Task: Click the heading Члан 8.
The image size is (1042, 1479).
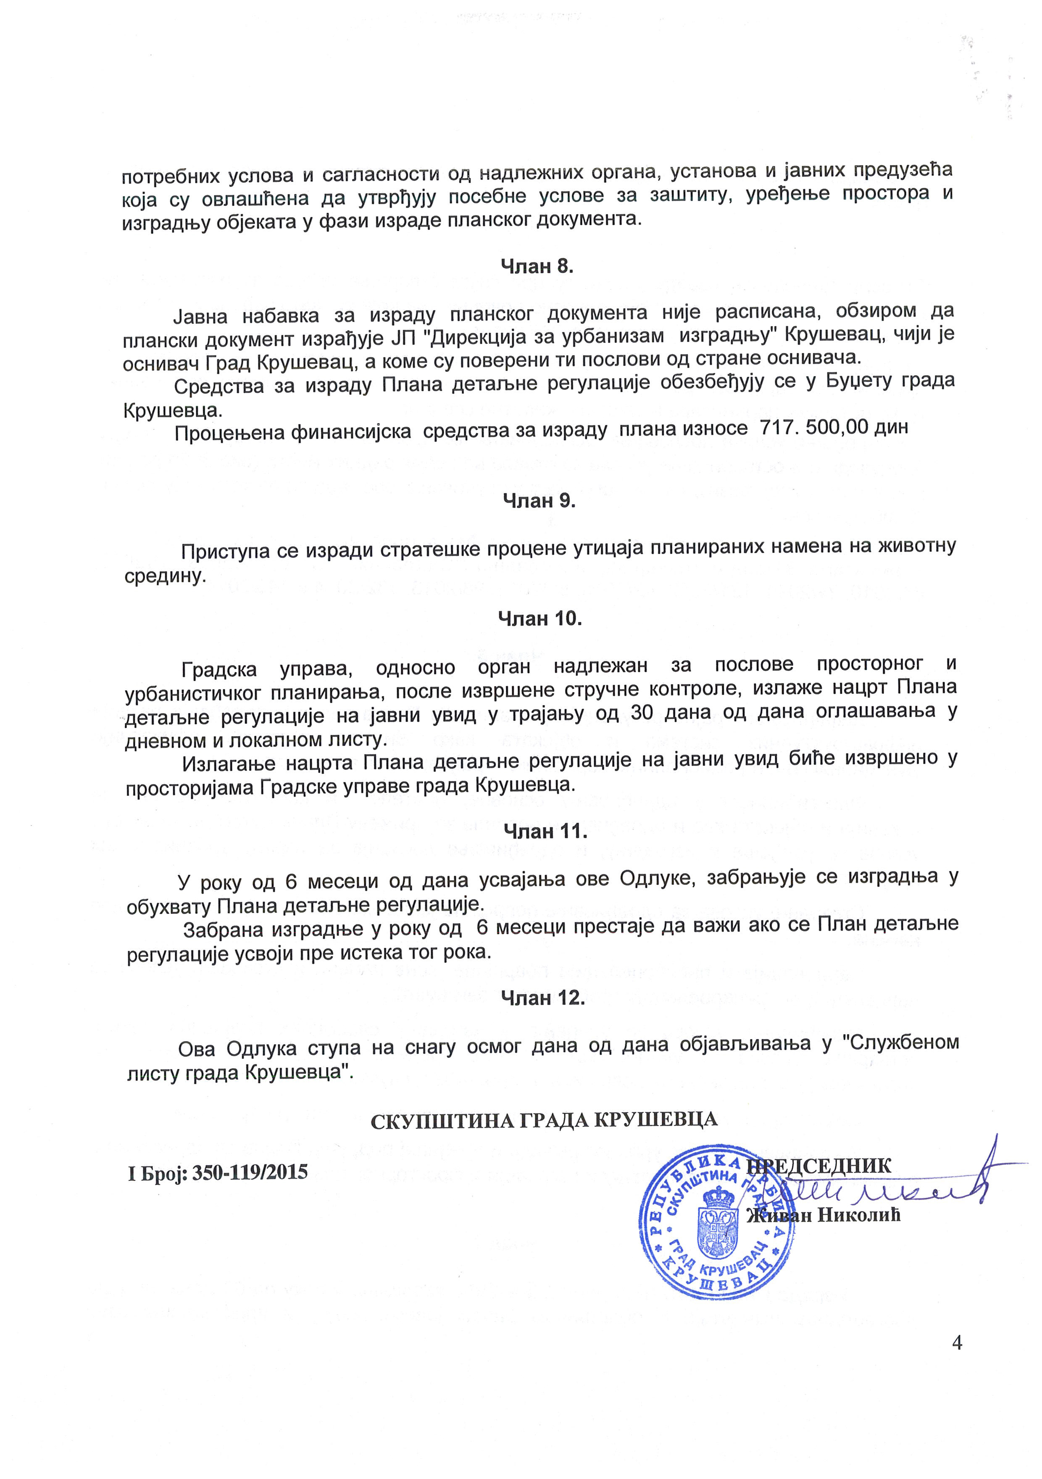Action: [537, 266]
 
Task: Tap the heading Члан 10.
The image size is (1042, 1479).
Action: [539, 618]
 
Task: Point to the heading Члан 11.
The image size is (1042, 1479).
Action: [545, 832]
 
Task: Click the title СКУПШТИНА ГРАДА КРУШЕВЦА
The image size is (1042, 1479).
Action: [544, 1120]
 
